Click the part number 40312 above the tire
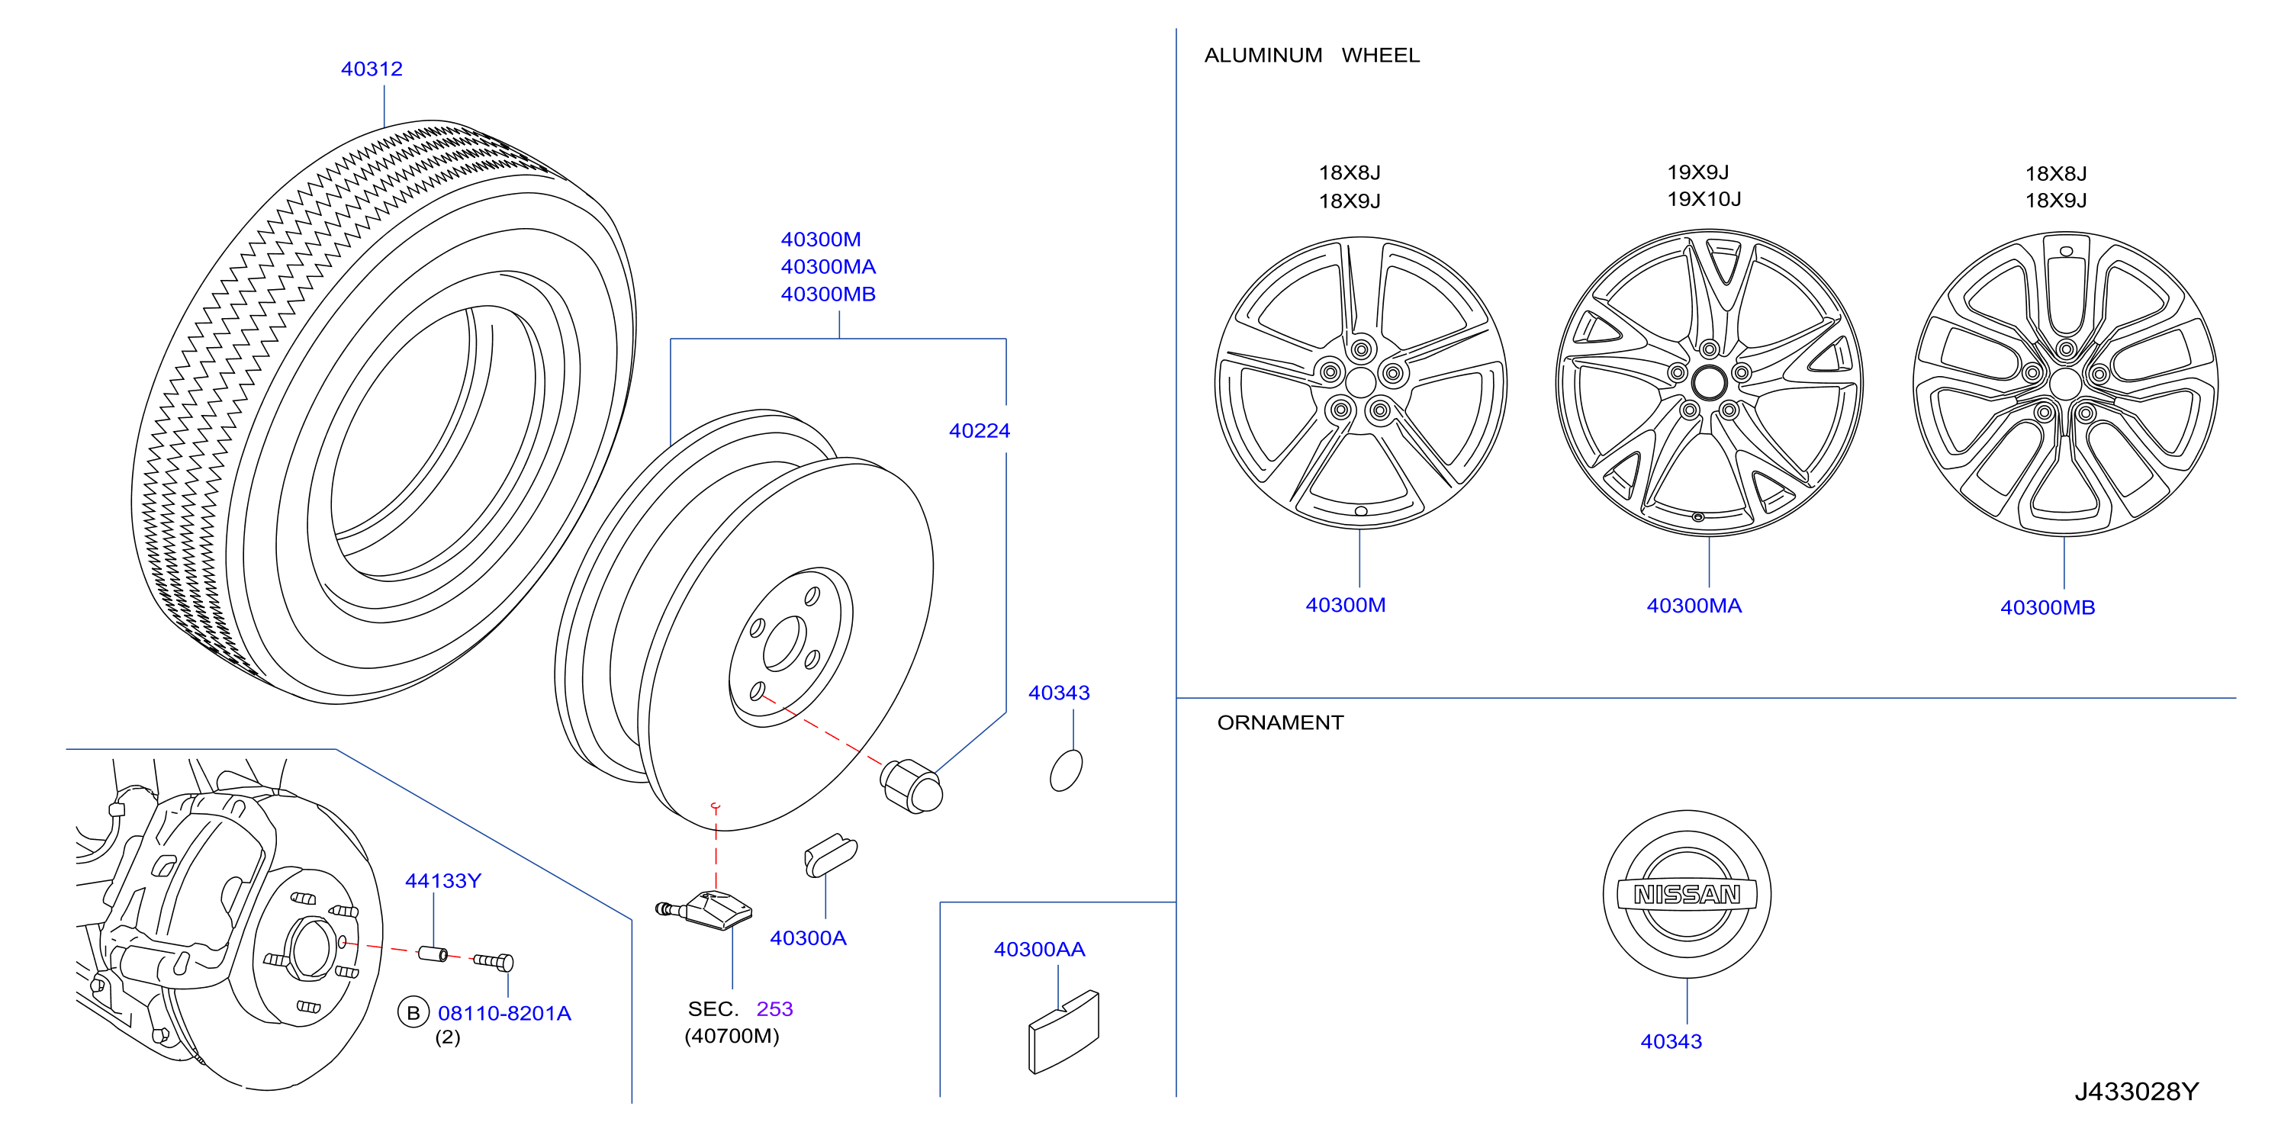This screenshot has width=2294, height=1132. [372, 69]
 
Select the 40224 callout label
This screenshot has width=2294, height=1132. [979, 431]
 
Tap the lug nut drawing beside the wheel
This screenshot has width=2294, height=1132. [911, 786]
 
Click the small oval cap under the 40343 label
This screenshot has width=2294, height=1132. [1066, 770]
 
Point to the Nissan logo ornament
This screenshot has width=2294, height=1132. [1687, 894]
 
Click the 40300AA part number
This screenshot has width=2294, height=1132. [1039, 950]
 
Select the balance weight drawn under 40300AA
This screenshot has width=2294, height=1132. [1063, 1033]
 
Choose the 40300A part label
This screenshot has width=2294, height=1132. [808, 937]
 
